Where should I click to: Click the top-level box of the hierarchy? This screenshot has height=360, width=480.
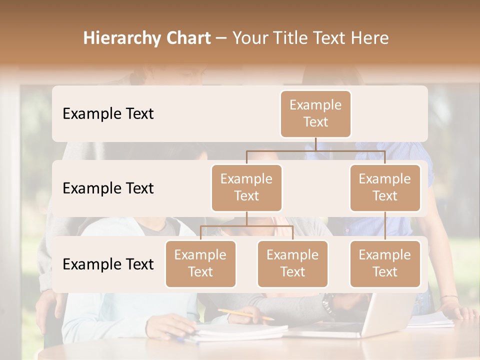point(315,114)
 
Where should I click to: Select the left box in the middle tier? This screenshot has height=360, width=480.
point(246,187)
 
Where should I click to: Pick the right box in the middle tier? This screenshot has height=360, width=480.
point(385,187)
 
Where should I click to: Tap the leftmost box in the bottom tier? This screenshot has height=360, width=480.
point(200,264)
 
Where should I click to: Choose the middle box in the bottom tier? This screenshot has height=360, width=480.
point(292,264)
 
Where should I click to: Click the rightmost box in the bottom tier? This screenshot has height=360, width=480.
point(385,264)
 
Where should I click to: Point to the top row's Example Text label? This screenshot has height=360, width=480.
point(108,114)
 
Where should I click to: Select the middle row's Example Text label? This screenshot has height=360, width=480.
point(108,188)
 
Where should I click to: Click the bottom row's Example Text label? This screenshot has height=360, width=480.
point(108,264)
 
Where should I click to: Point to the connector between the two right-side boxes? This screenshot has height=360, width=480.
point(385,226)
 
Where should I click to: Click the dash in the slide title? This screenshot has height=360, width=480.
point(221,38)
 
